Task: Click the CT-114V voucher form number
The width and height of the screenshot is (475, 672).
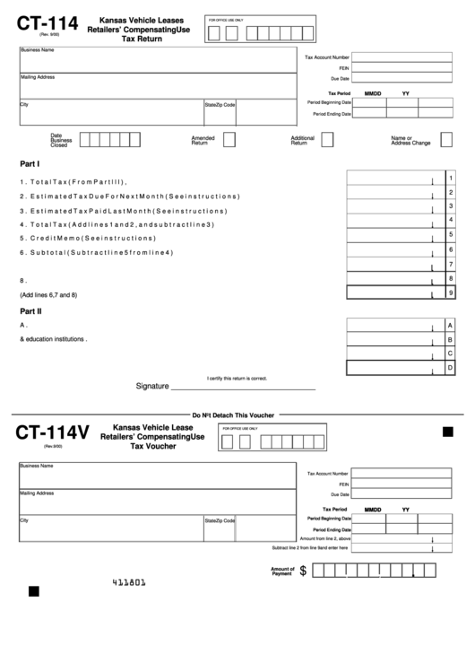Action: coord(51,433)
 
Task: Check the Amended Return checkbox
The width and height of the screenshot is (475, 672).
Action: coord(229,140)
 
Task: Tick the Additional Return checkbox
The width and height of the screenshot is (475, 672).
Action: coord(327,140)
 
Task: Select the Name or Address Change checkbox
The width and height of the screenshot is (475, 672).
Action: coord(445,140)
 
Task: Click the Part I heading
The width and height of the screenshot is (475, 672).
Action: coord(30,164)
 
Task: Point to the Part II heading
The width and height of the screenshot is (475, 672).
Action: coord(30,310)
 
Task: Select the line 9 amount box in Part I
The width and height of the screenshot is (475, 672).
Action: coord(394,292)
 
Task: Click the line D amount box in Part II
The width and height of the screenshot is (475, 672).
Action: coord(394,367)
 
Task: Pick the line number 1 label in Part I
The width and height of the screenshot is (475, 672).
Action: coord(451,178)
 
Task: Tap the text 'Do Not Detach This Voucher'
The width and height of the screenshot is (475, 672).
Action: coord(237,415)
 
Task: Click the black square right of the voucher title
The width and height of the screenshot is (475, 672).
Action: coord(448,432)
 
